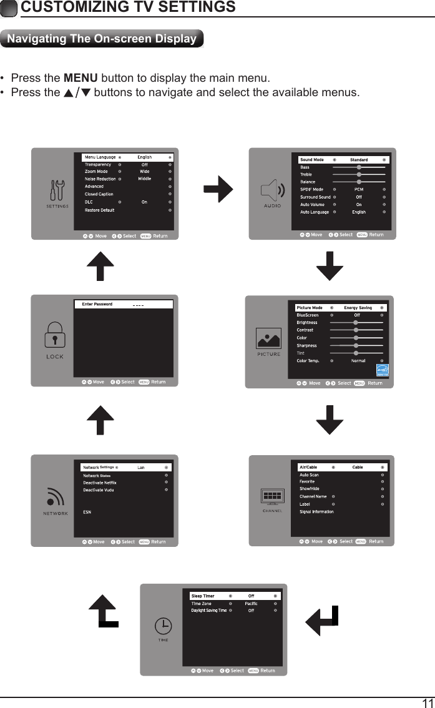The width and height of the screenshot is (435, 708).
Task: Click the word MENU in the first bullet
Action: (x=81, y=79)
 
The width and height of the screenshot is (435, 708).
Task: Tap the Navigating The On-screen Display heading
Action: (x=102, y=39)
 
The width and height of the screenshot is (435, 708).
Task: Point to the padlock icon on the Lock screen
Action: (x=55, y=337)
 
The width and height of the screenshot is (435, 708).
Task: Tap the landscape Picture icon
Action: (x=268, y=338)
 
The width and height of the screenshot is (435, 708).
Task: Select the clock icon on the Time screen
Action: (x=162, y=625)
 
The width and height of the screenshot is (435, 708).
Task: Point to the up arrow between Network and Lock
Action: (x=100, y=420)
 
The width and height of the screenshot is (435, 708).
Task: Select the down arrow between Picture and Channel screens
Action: (x=330, y=420)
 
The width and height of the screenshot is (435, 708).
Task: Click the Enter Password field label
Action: (x=97, y=304)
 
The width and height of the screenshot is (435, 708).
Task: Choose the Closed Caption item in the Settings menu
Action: (x=99, y=194)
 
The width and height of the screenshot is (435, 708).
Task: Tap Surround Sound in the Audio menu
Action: (x=315, y=197)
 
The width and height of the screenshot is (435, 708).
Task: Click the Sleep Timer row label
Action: (x=202, y=596)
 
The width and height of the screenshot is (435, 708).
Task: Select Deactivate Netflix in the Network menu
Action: (x=100, y=483)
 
